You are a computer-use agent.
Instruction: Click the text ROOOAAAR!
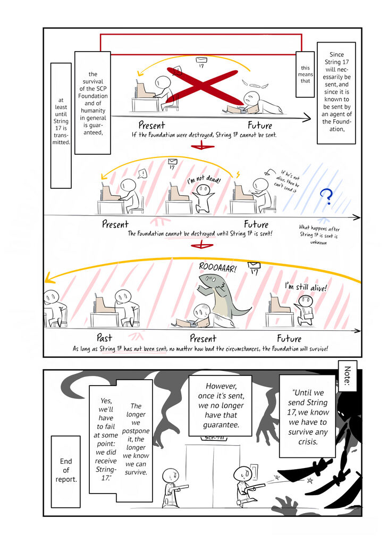220,264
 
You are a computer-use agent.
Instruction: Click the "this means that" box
305,74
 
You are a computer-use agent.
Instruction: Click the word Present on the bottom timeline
203,338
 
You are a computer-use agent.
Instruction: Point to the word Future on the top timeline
260,126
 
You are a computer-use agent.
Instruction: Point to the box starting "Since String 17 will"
336,93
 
